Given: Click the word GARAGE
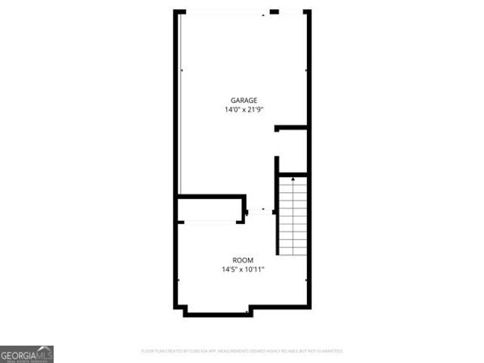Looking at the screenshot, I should (x=244, y=100).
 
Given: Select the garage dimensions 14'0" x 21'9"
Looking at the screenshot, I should (x=244, y=110).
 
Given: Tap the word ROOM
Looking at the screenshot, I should (x=243, y=259).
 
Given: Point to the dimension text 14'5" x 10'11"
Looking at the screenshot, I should (x=243, y=268).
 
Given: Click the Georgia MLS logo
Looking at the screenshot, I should (x=26, y=354).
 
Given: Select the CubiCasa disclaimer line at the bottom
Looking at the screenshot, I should (x=242, y=351).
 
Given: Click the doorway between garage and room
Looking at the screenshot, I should (x=262, y=213).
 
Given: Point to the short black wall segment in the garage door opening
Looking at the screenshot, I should (x=274, y=11).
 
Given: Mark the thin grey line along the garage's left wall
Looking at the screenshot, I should (x=181, y=106).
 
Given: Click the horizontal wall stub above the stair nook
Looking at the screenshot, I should (x=290, y=128).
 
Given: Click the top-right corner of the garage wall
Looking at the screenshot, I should (x=309, y=11).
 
